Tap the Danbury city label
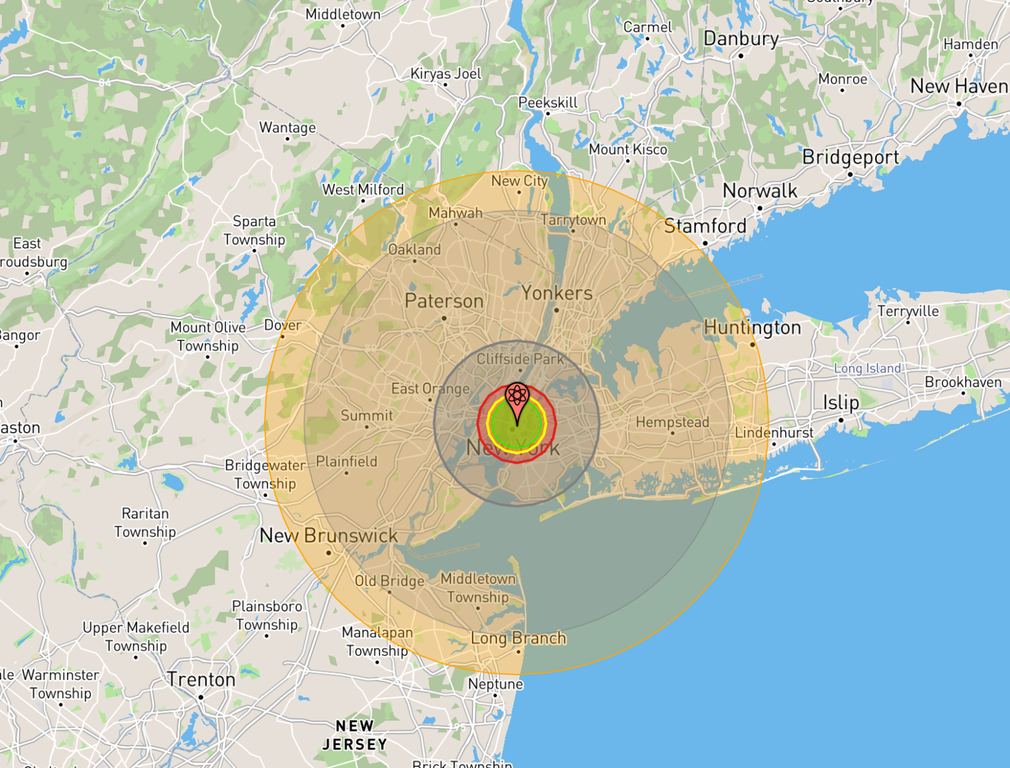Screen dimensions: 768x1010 click(741, 39)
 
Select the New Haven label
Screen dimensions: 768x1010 click(958, 87)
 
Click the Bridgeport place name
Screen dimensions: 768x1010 click(850, 157)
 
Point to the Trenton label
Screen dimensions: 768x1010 click(201, 680)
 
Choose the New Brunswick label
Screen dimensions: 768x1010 click(328, 536)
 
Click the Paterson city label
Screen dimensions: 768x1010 click(444, 301)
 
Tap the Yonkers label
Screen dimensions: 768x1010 click(557, 293)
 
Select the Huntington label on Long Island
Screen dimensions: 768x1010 click(752, 328)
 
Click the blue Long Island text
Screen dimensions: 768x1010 click(867, 368)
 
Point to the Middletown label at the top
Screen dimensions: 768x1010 click(343, 14)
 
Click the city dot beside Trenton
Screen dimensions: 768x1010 click(201, 697)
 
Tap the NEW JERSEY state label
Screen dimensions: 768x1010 click(355, 735)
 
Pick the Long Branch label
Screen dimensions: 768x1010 click(518, 639)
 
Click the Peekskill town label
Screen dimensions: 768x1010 click(548, 102)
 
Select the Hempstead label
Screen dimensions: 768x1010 click(672, 422)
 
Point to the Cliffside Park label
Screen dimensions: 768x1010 click(520, 359)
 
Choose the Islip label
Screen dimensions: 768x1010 click(841, 402)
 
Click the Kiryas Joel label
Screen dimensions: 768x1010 click(445, 74)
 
